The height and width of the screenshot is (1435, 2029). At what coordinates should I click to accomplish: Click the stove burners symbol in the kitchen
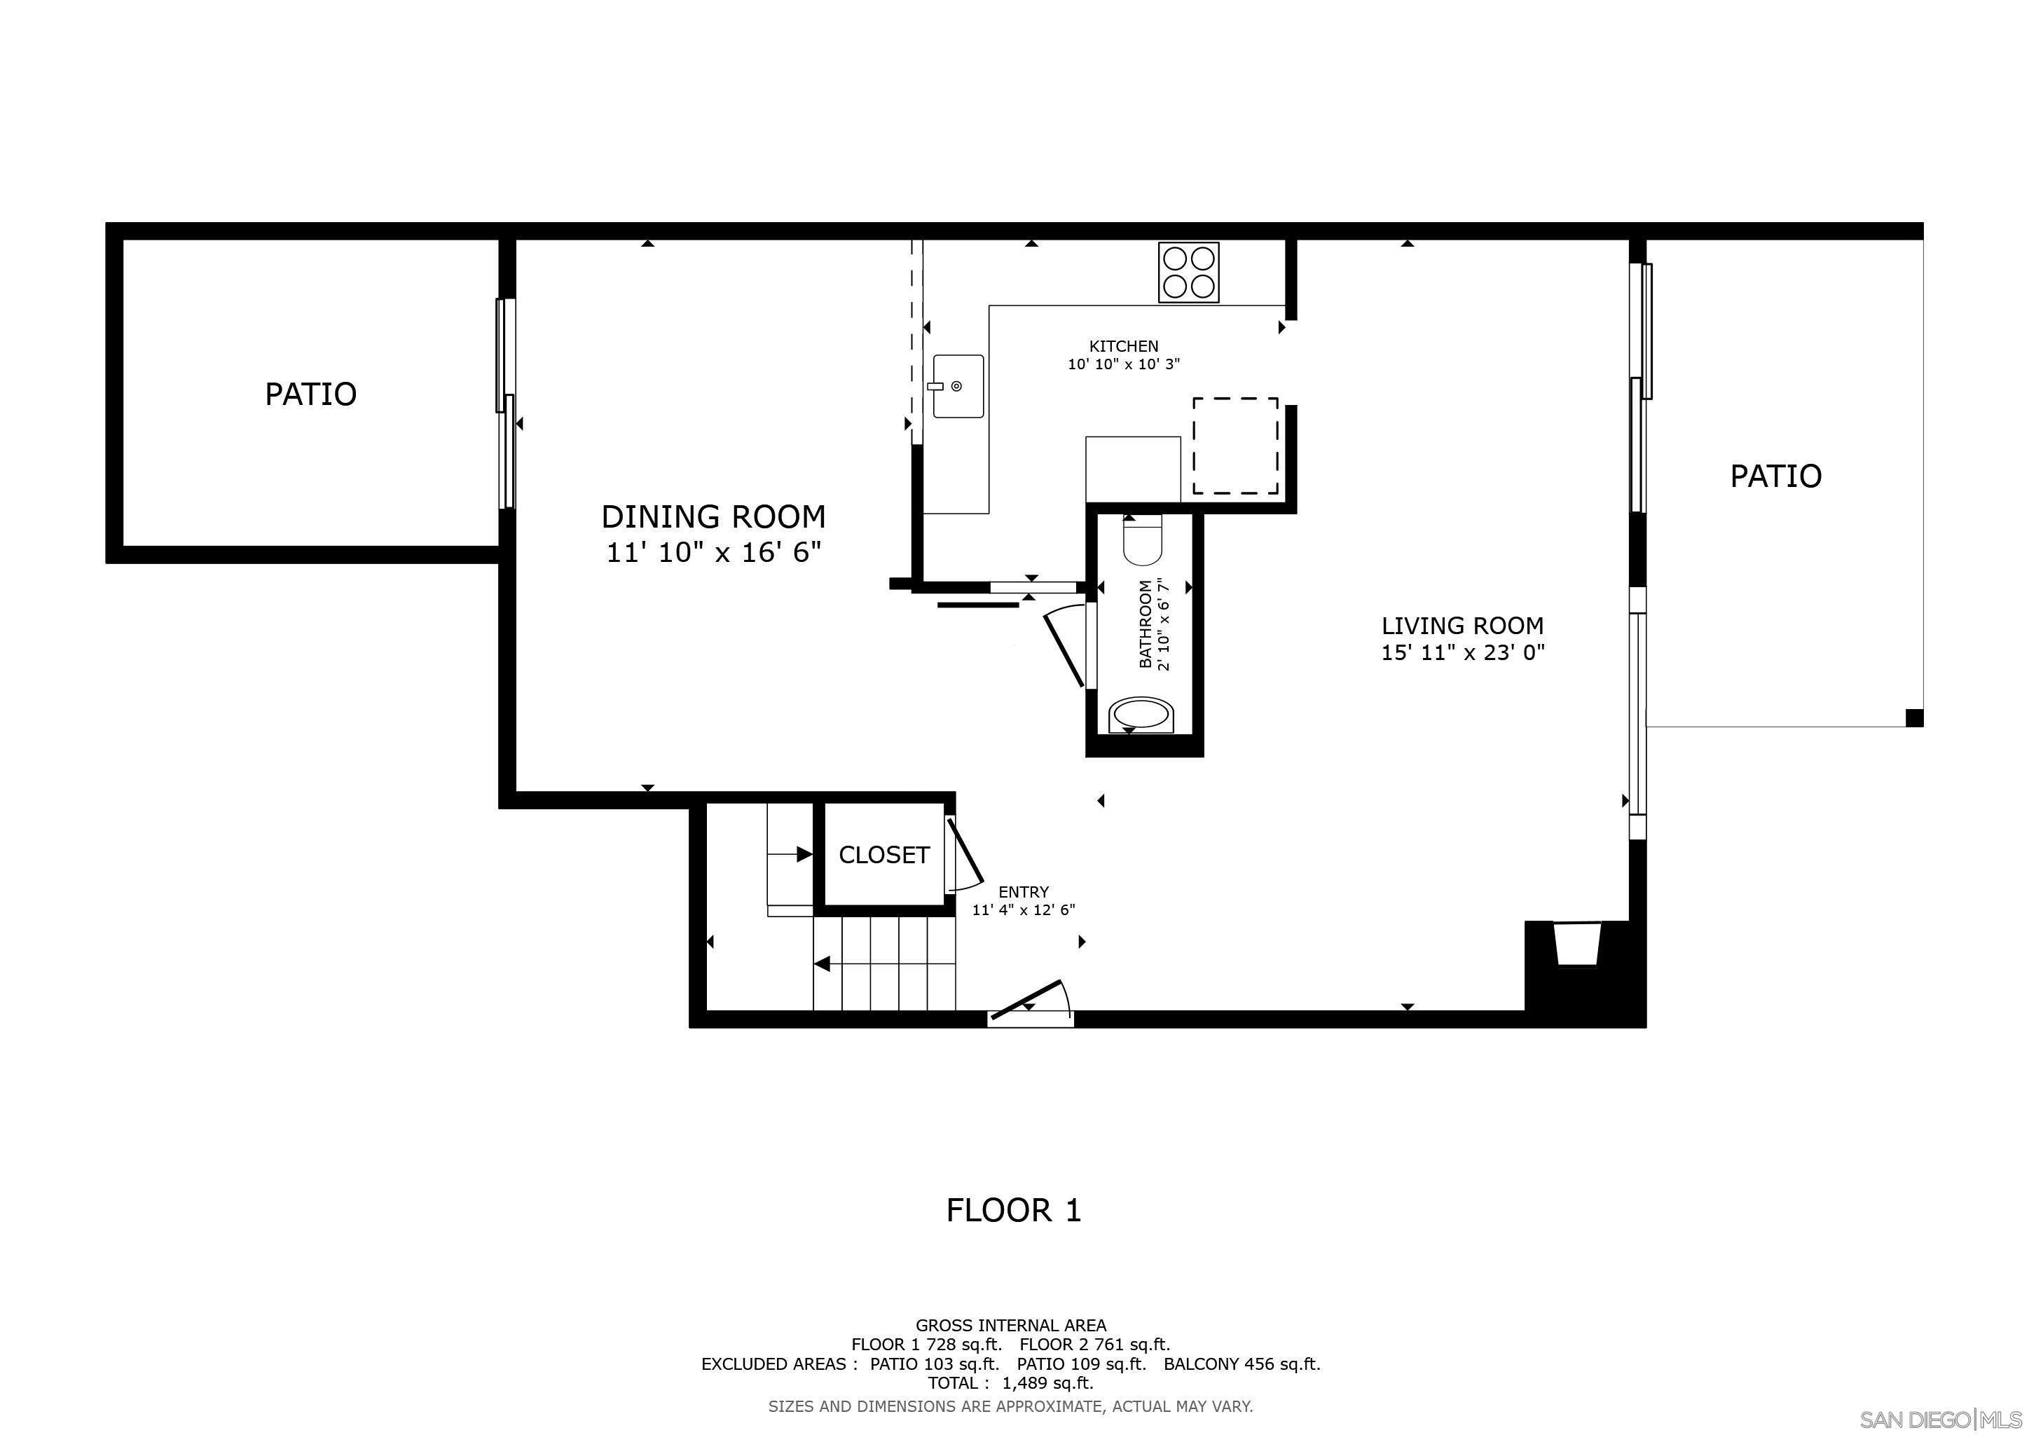click(x=1188, y=272)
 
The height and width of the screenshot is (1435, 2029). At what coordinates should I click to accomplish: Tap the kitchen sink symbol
click(x=958, y=386)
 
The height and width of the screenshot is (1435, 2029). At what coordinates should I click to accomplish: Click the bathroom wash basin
click(x=1141, y=714)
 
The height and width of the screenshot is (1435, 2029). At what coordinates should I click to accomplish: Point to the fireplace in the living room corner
click(x=1577, y=945)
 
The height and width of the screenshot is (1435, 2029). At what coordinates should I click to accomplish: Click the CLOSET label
click(x=883, y=854)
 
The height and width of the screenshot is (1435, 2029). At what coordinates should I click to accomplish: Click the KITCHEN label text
click(x=1123, y=346)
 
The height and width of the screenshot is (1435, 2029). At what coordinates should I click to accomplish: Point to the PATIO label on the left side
click(x=311, y=394)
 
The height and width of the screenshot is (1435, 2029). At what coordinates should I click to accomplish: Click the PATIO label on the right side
click(x=1775, y=476)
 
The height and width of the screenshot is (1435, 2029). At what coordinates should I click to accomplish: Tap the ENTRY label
click(x=1024, y=891)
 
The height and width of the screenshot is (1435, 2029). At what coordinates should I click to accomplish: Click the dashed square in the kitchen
click(x=1234, y=446)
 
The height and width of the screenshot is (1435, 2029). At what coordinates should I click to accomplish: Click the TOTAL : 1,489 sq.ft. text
click(x=1010, y=1383)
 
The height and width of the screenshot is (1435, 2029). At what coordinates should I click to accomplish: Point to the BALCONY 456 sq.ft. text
click(x=1242, y=1364)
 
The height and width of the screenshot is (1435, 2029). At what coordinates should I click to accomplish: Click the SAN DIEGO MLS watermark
click(x=1944, y=1419)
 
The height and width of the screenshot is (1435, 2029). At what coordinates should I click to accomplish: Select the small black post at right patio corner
click(x=1914, y=717)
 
